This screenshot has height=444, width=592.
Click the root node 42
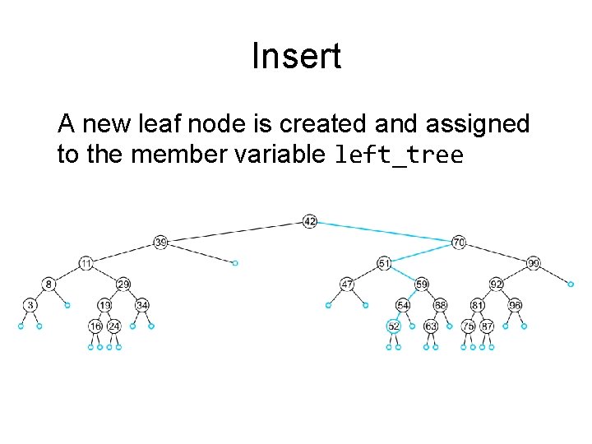(x=309, y=221)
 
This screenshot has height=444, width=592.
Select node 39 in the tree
(x=160, y=242)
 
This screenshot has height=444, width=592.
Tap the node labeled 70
(x=459, y=243)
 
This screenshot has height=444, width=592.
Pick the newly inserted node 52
(x=393, y=326)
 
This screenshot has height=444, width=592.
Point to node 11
(x=86, y=263)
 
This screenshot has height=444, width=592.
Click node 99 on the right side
(x=534, y=263)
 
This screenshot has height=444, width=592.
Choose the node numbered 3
(x=30, y=305)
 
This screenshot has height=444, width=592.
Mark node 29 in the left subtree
(x=123, y=284)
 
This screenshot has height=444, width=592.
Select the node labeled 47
(x=347, y=284)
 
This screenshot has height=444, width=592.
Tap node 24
(x=114, y=326)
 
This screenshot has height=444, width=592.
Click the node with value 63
(x=431, y=326)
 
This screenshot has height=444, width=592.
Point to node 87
(x=487, y=326)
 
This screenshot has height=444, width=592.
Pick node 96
(x=515, y=305)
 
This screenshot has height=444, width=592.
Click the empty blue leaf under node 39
(x=234, y=263)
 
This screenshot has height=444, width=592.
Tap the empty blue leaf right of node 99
(x=571, y=284)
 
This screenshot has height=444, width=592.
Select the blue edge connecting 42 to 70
(x=384, y=232)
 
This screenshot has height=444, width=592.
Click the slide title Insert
(x=296, y=57)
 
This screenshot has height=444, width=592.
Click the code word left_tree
(x=399, y=155)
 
